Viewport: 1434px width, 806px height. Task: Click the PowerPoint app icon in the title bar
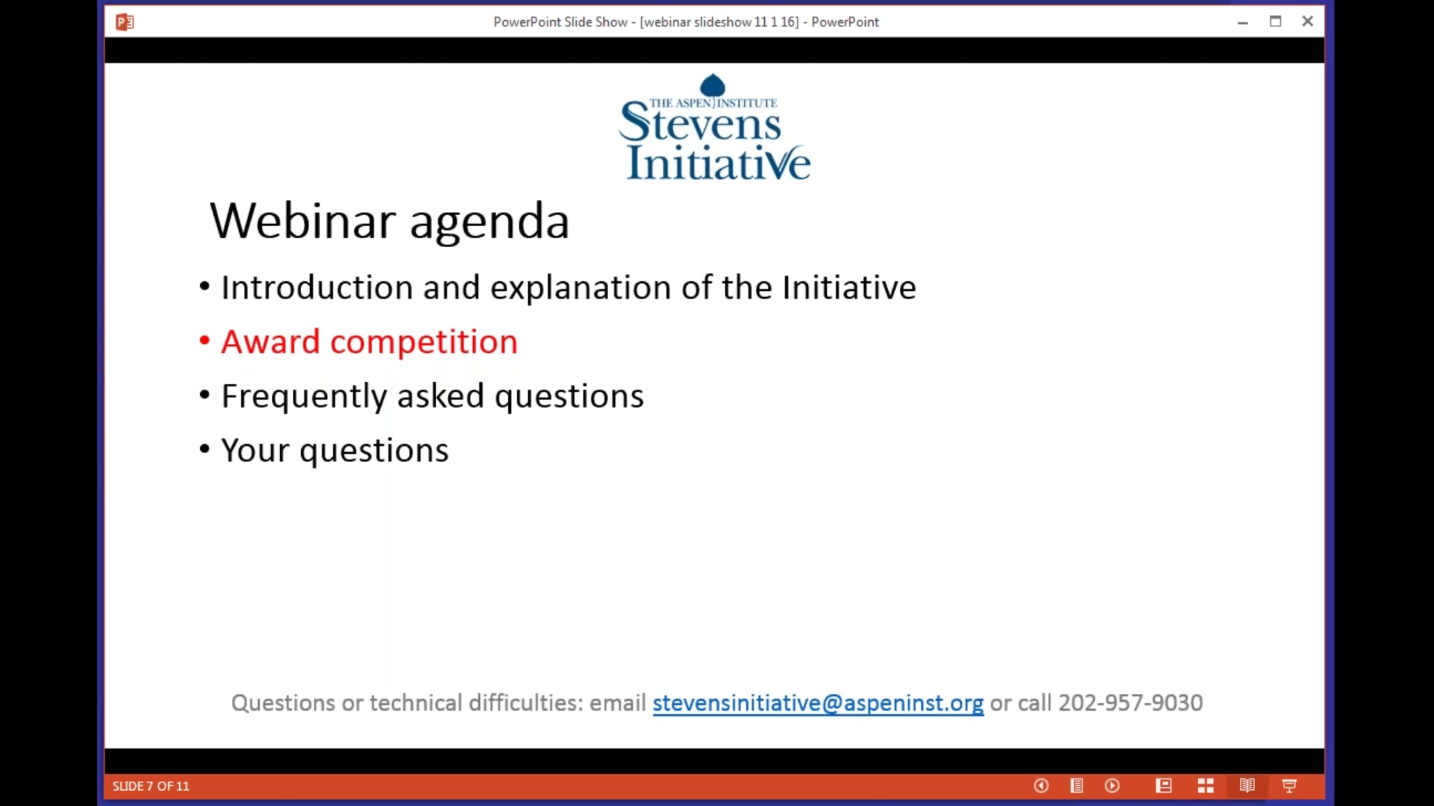click(124, 22)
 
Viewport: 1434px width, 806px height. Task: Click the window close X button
click(1307, 21)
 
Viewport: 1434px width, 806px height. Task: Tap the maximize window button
click(1275, 21)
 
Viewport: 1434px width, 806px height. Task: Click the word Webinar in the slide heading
click(302, 220)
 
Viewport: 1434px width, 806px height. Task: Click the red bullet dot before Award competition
click(204, 340)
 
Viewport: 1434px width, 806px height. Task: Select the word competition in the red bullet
click(424, 343)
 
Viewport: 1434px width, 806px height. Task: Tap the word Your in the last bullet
click(255, 450)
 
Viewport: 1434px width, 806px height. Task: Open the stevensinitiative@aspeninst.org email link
click(818, 703)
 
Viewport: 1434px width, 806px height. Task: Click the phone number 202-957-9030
click(1130, 703)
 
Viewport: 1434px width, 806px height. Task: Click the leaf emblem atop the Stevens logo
click(712, 85)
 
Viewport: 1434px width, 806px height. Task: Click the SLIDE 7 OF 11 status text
click(151, 786)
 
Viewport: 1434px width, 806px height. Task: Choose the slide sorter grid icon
click(1206, 786)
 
